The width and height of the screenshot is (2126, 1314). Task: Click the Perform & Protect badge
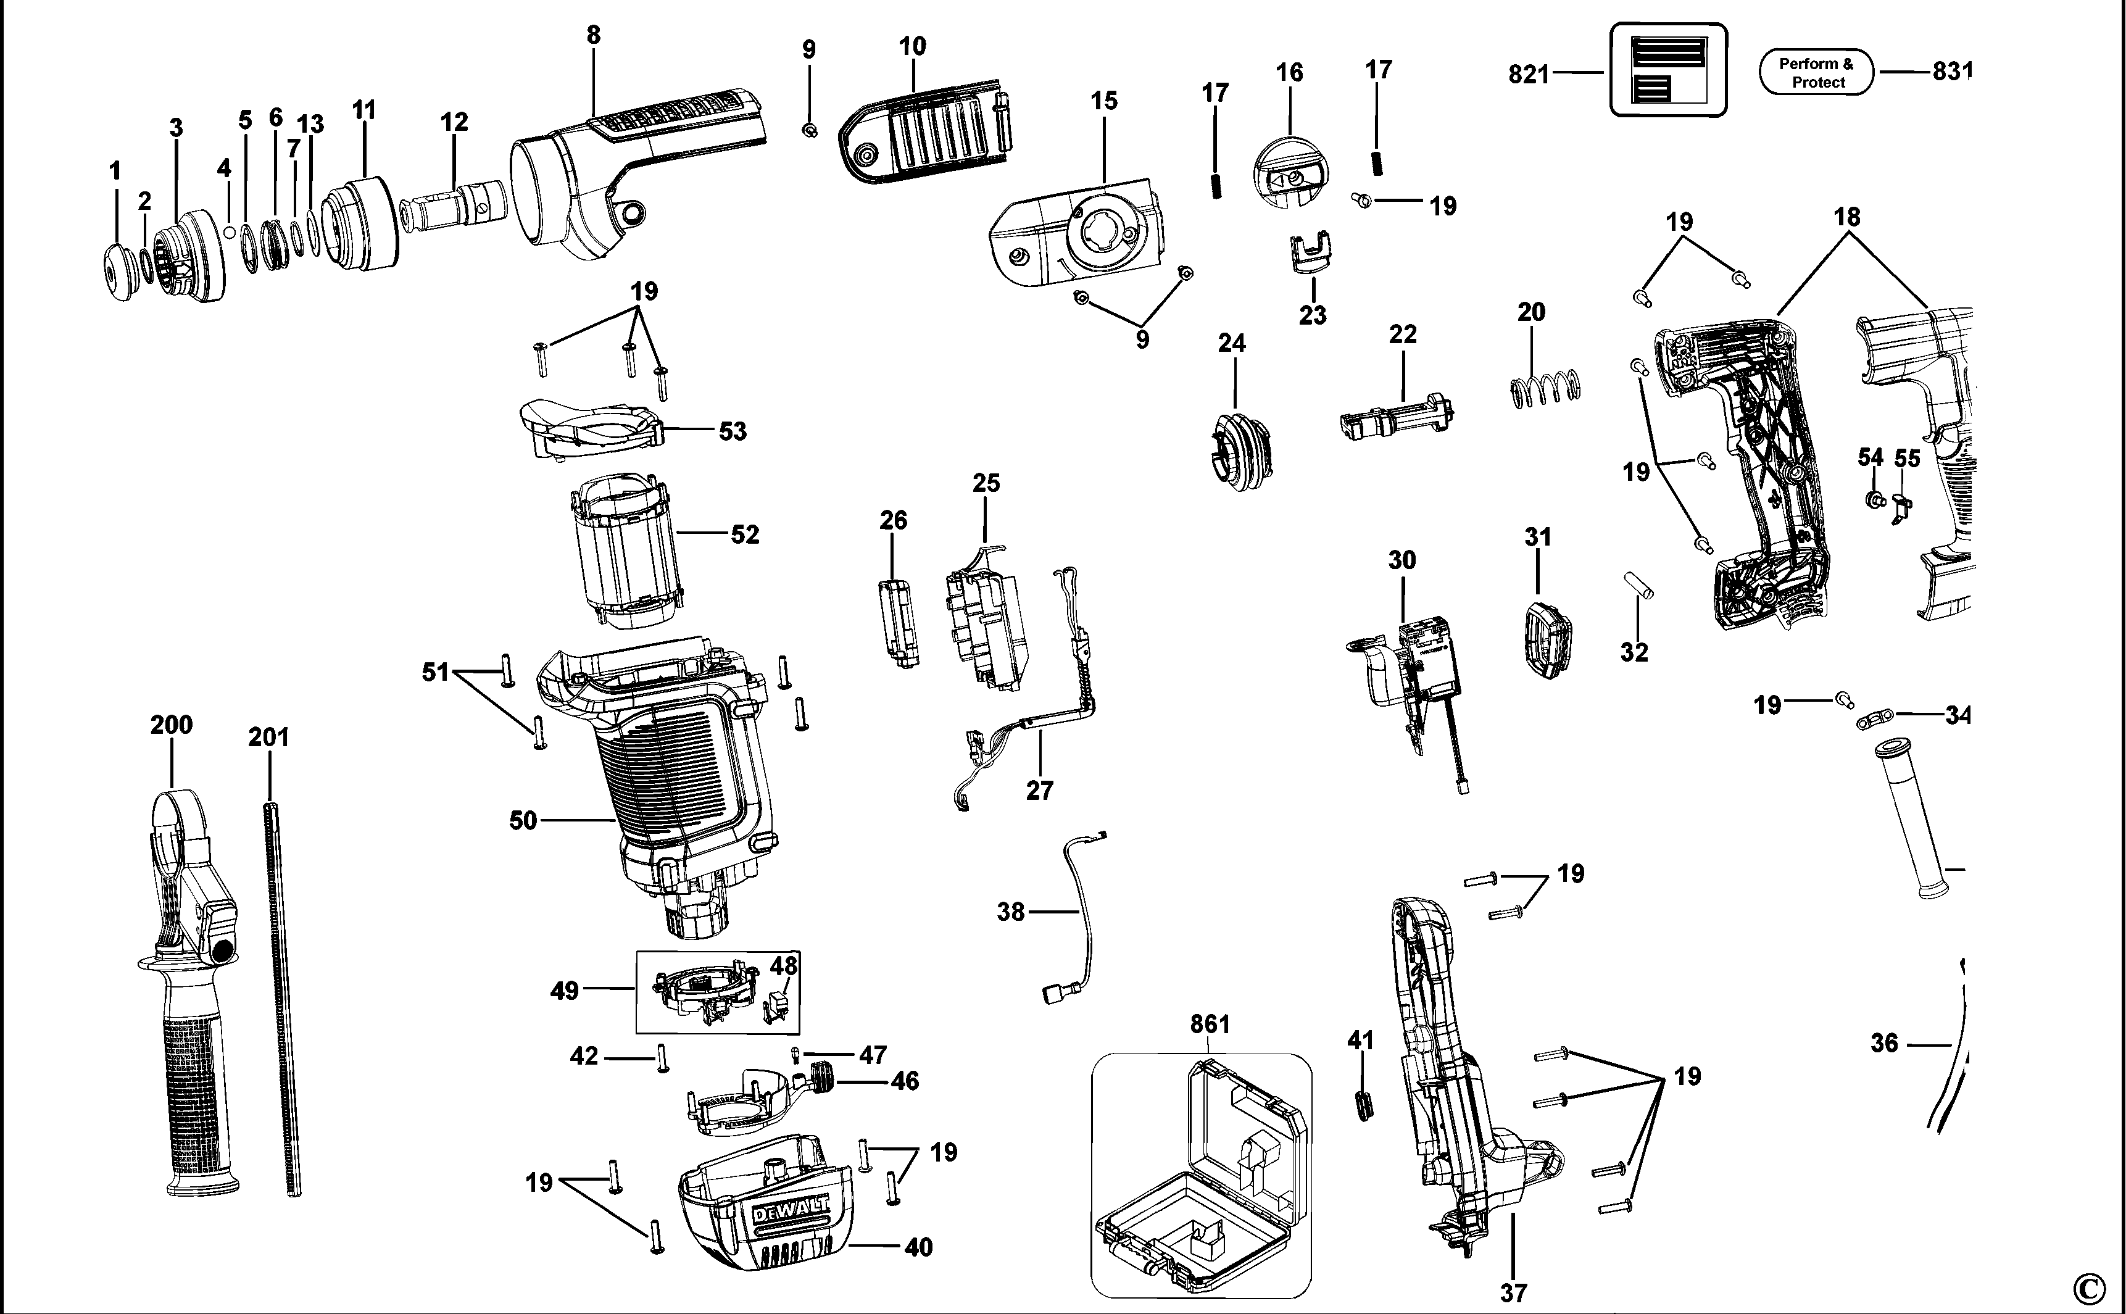pos(1816,72)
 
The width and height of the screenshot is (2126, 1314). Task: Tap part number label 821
pos(1529,75)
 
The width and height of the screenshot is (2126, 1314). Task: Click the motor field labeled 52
pos(624,552)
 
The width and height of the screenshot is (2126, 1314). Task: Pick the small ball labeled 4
pos(228,232)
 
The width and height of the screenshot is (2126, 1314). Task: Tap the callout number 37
pos(1513,1293)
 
